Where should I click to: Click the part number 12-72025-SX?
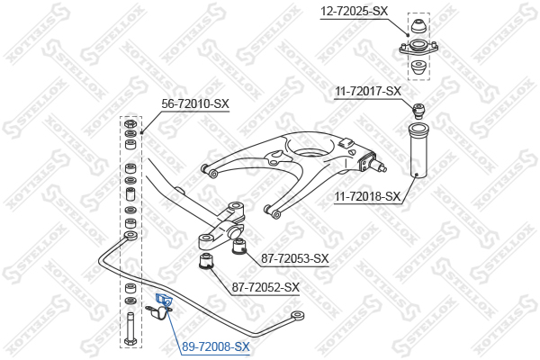(x=354, y=11)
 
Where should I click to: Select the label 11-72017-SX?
(x=368, y=91)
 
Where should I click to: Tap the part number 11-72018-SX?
(x=367, y=197)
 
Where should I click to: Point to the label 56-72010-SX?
(x=195, y=103)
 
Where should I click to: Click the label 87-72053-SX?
(x=295, y=258)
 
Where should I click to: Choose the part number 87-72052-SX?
(x=265, y=287)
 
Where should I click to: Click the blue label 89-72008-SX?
(x=216, y=346)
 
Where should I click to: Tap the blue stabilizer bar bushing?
(x=163, y=300)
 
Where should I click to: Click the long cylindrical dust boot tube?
(x=418, y=150)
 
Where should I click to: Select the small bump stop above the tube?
(x=418, y=110)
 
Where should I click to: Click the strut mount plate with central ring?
(x=418, y=47)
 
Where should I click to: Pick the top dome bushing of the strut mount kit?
(x=418, y=26)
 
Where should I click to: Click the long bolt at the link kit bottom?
(x=130, y=328)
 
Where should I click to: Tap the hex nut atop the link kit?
(x=130, y=123)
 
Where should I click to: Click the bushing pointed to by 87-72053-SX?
(x=239, y=247)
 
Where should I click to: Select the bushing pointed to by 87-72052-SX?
(x=207, y=262)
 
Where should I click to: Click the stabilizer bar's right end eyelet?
(x=297, y=315)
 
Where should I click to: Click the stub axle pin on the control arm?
(x=382, y=167)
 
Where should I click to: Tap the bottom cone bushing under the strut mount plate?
(x=418, y=67)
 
